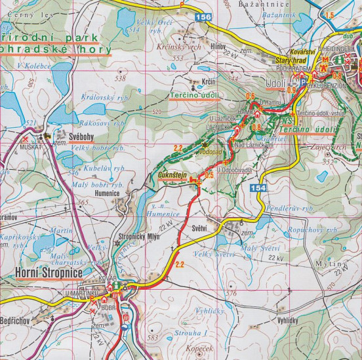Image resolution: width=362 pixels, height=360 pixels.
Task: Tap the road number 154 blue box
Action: click(257, 189)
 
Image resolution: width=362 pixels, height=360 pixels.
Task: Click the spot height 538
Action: click(119, 79)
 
